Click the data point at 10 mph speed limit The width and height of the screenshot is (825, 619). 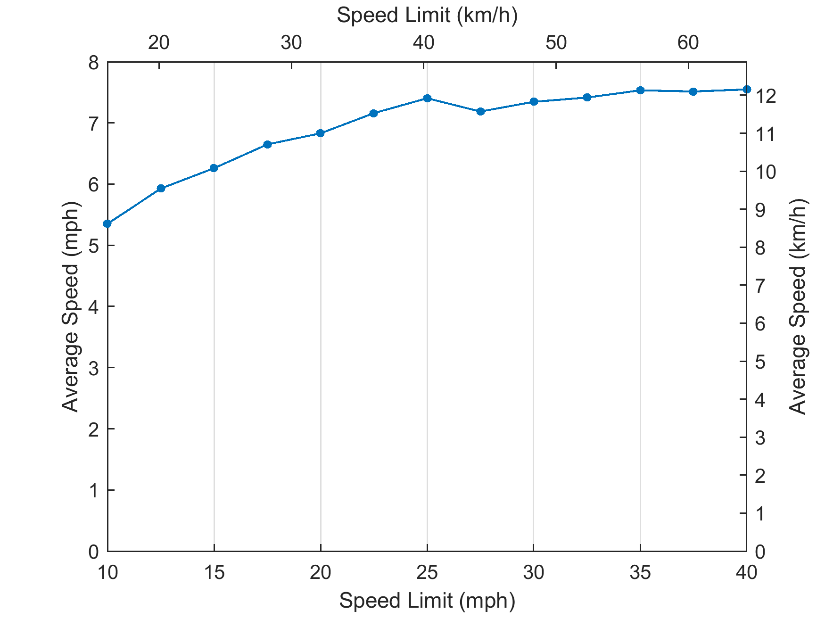point(107,223)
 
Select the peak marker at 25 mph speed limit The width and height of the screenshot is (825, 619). point(427,98)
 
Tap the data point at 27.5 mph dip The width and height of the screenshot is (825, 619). point(480,111)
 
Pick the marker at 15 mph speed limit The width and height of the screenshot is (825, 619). point(214,168)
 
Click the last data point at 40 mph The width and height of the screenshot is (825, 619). point(746,89)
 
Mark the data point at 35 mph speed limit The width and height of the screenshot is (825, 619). point(640,90)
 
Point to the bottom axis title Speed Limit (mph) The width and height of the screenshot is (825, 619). point(427,601)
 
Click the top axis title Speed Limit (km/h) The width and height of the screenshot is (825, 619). point(427,16)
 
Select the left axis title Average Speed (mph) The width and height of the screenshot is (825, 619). point(71,306)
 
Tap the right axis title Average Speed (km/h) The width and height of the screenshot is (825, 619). point(798,306)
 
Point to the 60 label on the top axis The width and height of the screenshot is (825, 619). point(688,43)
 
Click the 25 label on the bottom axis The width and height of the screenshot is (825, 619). point(427,573)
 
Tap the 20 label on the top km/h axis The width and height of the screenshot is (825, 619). point(158,43)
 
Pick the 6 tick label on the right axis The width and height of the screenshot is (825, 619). point(760,324)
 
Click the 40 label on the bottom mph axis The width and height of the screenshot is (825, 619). point(746,573)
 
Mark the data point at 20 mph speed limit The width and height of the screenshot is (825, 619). point(321,133)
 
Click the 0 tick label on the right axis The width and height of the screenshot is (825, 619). point(760,552)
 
